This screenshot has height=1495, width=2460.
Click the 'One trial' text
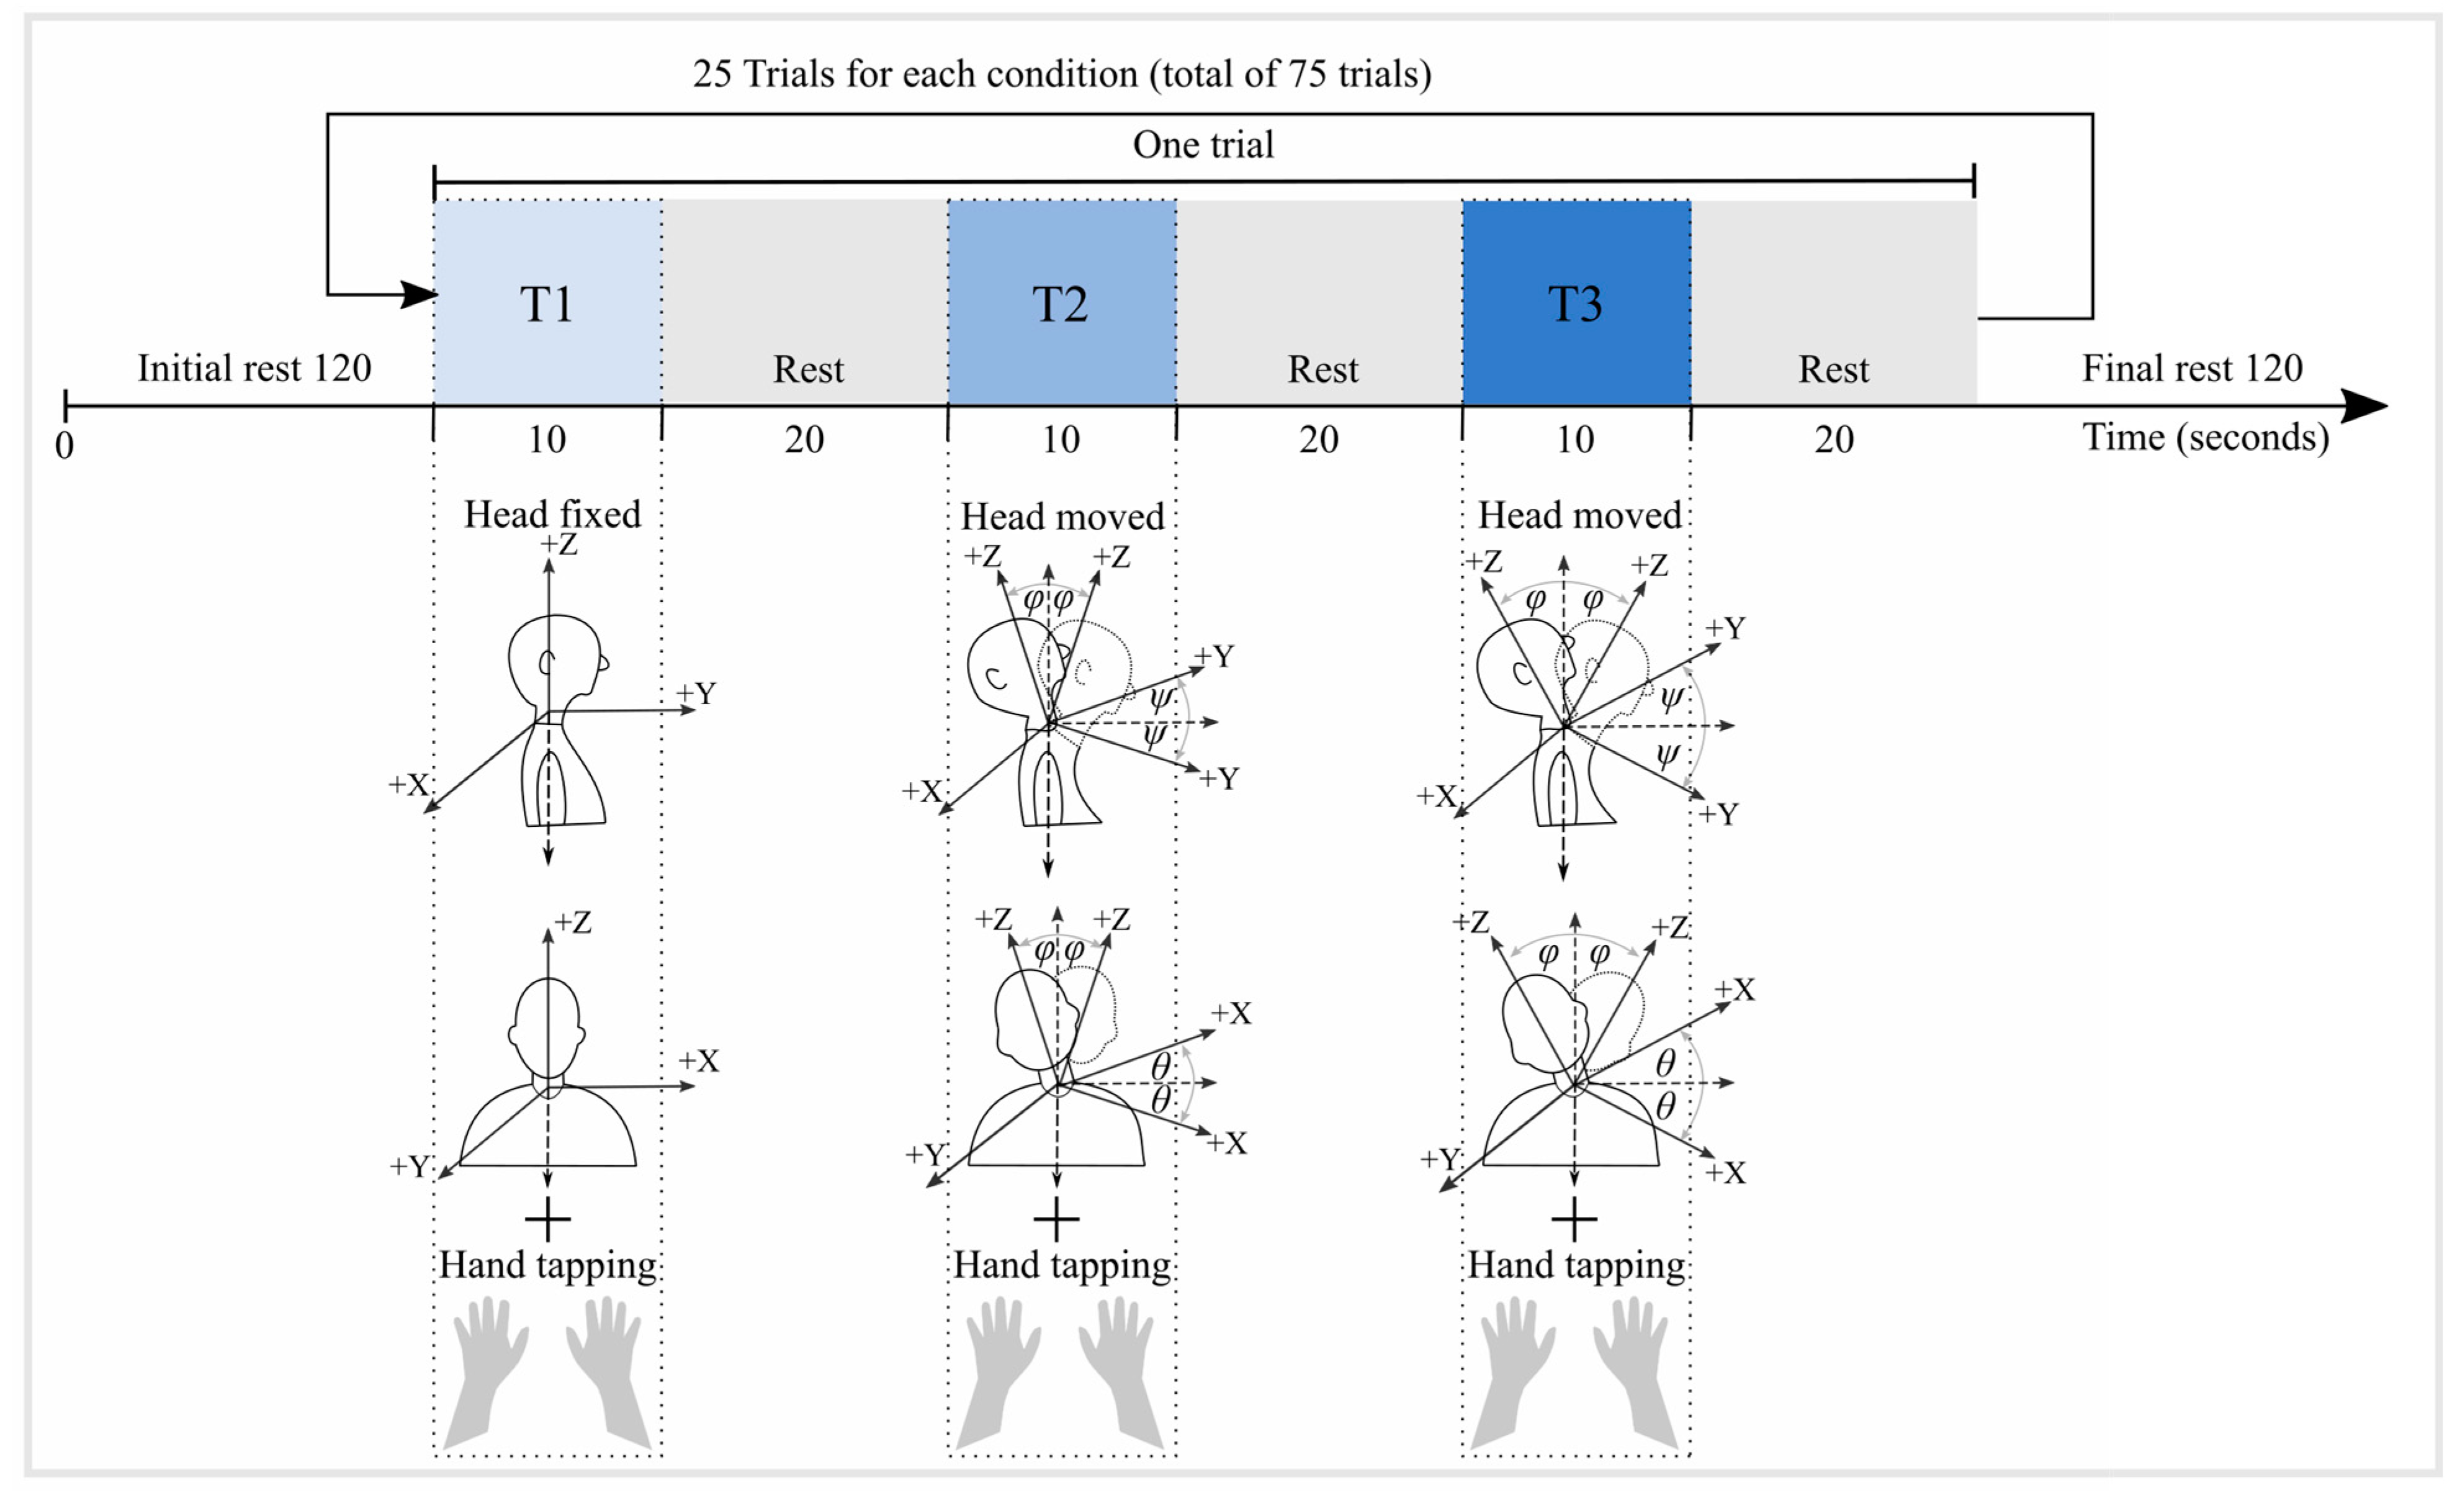pyautogui.click(x=1203, y=145)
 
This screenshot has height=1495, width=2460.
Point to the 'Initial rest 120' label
pyautogui.click(x=254, y=369)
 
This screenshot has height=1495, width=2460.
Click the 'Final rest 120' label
pyautogui.click(x=2193, y=369)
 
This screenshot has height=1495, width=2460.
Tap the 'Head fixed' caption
pyautogui.click(x=552, y=514)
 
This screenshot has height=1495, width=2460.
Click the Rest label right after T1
pyautogui.click(x=807, y=369)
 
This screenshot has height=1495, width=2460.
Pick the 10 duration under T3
pyautogui.click(x=1576, y=440)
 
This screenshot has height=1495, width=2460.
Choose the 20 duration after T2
pyautogui.click(x=1319, y=440)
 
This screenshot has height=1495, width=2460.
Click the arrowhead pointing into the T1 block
pyautogui.click(x=420, y=295)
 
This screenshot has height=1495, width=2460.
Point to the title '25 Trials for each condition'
pyautogui.click(x=1061, y=74)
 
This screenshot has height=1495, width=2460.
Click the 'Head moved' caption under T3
pyautogui.click(x=1579, y=515)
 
